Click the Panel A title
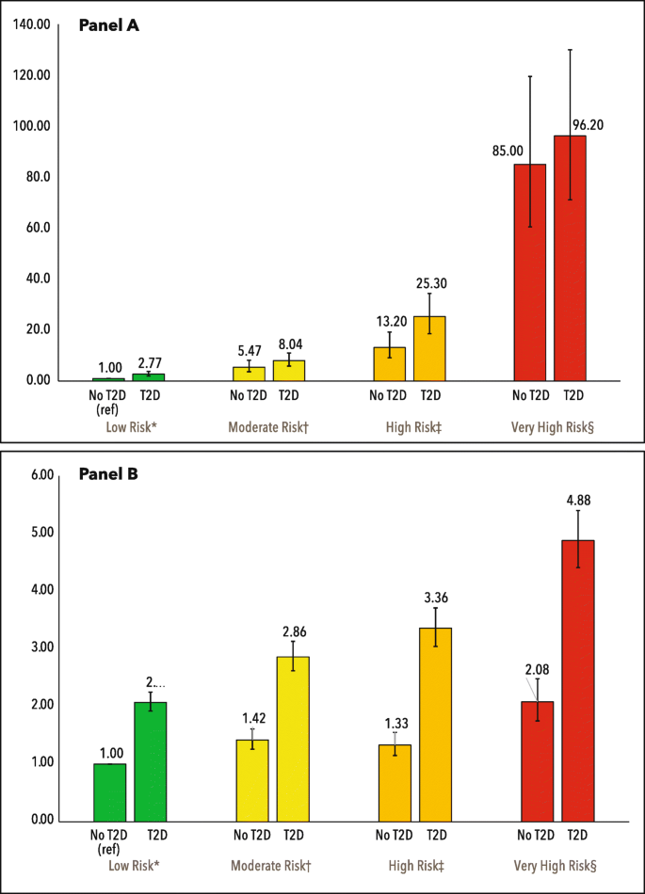pyautogui.click(x=108, y=26)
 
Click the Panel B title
pyautogui.click(x=108, y=474)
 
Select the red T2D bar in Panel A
pyautogui.click(x=570, y=258)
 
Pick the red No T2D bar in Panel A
pyautogui.click(x=529, y=272)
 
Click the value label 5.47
pyautogui.click(x=249, y=350)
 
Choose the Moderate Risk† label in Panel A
pyautogui.click(x=268, y=427)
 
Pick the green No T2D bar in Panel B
pyautogui.click(x=109, y=791)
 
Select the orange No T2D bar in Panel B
pyautogui.click(x=395, y=782)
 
